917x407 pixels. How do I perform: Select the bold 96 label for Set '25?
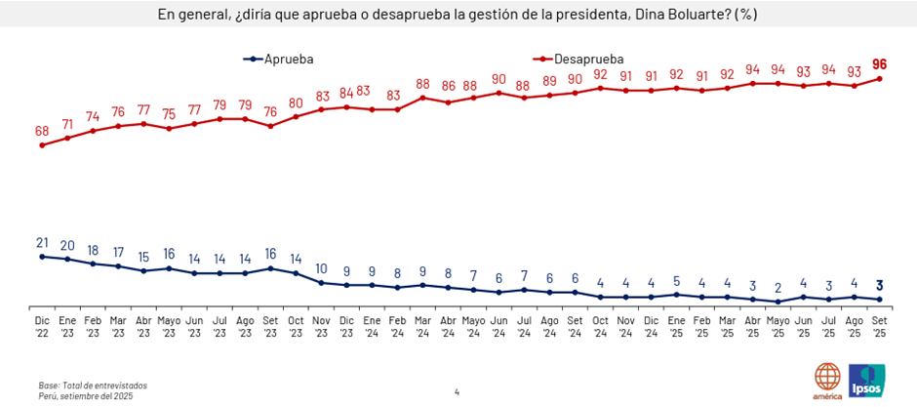click(880, 63)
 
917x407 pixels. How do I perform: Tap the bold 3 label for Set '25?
click(880, 285)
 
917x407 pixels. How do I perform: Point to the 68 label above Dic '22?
click(42, 130)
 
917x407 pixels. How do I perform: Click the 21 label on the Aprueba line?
click(42, 242)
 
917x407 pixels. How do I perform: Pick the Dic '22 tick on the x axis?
click(42, 325)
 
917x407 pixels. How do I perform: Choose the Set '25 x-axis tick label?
click(880, 325)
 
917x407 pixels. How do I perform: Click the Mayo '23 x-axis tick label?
click(169, 325)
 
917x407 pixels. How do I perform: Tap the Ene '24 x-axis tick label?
click(372, 325)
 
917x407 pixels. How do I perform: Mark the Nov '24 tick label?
click(625, 325)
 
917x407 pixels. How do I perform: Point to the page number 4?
click(457, 392)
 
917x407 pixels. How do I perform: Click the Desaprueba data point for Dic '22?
click(42, 145)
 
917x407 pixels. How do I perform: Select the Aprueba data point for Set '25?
click(880, 300)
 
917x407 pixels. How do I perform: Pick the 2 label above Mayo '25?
click(778, 288)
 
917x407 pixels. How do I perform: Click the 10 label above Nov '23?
click(321, 268)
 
